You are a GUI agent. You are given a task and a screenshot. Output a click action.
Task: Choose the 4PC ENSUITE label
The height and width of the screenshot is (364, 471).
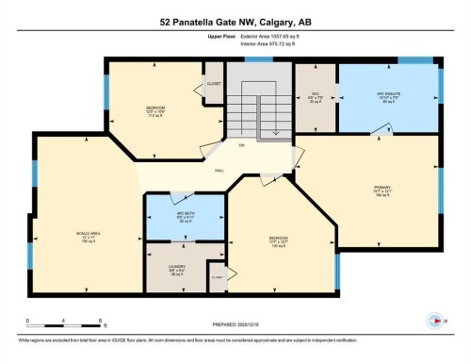tap(388, 98)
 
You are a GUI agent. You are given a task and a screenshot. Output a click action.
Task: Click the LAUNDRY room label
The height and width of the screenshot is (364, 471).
tap(176, 269)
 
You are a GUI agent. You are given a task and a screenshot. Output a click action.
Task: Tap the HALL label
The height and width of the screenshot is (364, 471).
tap(219, 171)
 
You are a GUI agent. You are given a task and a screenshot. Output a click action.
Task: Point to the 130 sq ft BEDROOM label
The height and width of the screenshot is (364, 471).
tap(279, 240)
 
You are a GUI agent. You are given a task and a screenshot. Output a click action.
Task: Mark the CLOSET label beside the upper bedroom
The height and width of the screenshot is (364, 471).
tap(214, 83)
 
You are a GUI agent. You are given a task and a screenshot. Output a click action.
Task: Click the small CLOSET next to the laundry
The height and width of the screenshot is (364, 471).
tap(217, 276)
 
